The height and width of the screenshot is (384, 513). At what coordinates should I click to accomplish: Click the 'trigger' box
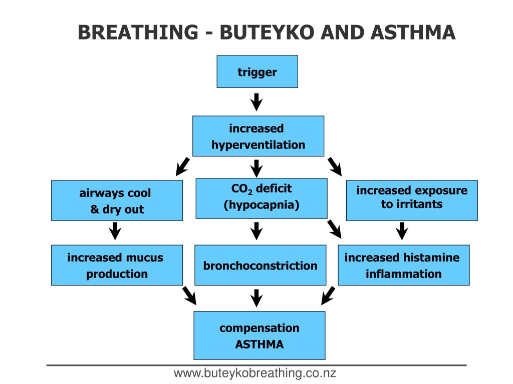click(257, 71)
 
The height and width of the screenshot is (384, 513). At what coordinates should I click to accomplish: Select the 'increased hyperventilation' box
click(258, 136)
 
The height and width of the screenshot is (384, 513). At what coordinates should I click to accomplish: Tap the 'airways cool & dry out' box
click(117, 200)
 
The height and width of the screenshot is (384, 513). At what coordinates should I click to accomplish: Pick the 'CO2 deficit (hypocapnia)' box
click(261, 198)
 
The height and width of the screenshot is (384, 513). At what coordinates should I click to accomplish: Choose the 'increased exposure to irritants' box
click(412, 200)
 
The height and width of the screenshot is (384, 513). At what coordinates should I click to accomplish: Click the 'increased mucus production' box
click(117, 265)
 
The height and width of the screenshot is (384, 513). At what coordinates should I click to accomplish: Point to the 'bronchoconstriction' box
click(260, 265)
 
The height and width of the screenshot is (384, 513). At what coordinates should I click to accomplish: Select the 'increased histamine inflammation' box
click(403, 265)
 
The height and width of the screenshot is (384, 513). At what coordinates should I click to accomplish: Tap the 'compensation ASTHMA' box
click(259, 335)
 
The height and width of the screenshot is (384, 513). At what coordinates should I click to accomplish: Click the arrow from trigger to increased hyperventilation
click(257, 101)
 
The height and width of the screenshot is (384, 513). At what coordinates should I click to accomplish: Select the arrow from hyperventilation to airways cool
click(183, 166)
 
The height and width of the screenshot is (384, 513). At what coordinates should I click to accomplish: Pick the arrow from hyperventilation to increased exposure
click(334, 166)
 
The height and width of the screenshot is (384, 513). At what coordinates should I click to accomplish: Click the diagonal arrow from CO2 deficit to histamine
click(334, 228)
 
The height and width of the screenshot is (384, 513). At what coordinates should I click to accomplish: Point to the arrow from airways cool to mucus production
click(116, 230)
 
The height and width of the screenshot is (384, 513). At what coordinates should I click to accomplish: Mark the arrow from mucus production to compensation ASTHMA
click(189, 295)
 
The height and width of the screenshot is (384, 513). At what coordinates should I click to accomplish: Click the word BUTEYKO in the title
click(268, 33)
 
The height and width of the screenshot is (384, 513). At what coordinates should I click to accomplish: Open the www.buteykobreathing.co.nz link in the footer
click(255, 373)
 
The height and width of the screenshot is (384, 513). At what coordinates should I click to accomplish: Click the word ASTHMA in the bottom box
click(259, 344)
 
